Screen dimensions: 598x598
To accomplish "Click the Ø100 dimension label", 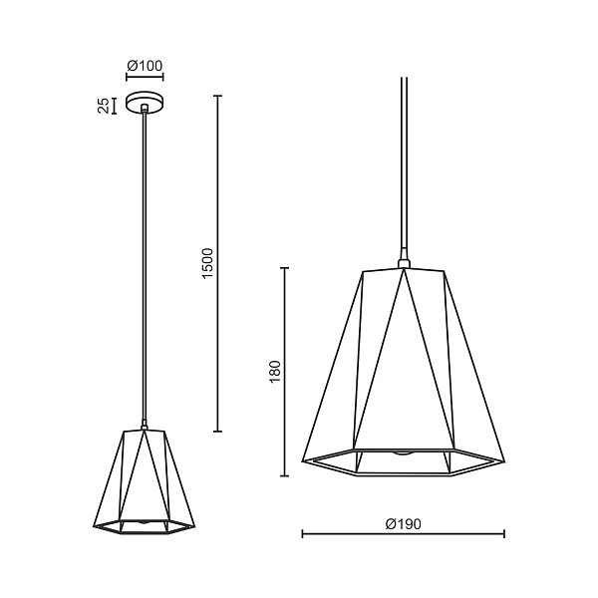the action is pyautogui.click(x=145, y=66).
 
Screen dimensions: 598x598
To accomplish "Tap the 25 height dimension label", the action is pyautogui.click(x=104, y=106).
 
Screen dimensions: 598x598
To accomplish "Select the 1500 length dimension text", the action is pyautogui.click(x=208, y=263).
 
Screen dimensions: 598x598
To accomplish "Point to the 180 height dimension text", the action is pyautogui.click(x=275, y=372).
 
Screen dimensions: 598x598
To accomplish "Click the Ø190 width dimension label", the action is pyautogui.click(x=403, y=524).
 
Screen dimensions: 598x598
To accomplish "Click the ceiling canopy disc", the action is pyautogui.click(x=145, y=103).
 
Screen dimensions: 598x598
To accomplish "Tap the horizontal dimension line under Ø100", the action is pyautogui.click(x=145, y=77).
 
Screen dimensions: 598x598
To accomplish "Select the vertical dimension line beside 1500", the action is pyautogui.click(x=217, y=263).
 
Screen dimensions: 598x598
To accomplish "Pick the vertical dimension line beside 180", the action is pyautogui.click(x=284, y=372).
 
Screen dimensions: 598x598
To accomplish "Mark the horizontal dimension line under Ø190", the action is pyautogui.click(x=403, y=534).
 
